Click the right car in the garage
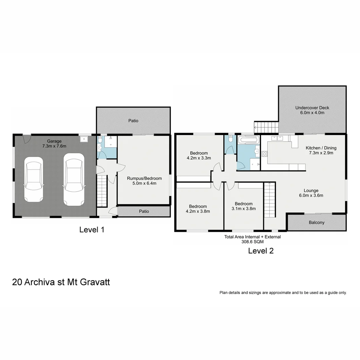(x=74, y=179)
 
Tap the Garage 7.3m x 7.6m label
(x=54, y=144)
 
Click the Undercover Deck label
(x=312, y=110)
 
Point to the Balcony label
(x=316, y=222)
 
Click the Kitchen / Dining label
(x=321, y=150)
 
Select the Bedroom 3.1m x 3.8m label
(x=243, y=206)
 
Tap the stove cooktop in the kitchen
(x=264, y=154)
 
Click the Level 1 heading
(x=92, y=230)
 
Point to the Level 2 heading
(x=261, y=251)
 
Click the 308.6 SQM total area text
(x=252, y=242)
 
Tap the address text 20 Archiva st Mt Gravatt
(x=61, y=282)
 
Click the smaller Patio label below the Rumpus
(x=144, y=211)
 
